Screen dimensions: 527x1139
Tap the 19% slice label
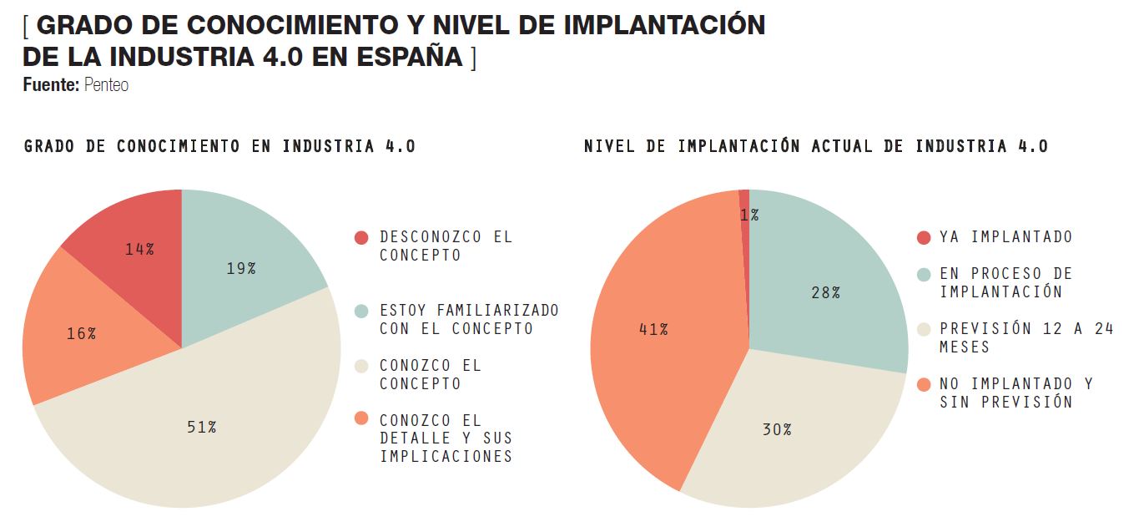coord(240,268)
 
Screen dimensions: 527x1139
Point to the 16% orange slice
coord(81,333)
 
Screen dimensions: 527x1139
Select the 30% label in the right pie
coord(776,429)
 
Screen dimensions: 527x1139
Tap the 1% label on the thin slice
coord(748,215)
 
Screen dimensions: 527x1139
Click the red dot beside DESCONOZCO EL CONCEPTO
coord(360,238)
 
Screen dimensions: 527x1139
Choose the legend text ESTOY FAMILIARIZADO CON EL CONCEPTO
coord(468,319)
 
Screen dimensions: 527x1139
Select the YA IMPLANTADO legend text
coord(1005,237)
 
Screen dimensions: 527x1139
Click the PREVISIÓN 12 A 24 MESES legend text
coord(1026,337)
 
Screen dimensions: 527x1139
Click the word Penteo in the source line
coord(106,84)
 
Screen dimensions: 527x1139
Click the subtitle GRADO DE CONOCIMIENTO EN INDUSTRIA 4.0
coord(219,146)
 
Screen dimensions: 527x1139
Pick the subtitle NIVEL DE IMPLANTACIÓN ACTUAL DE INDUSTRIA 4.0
coord(815,146)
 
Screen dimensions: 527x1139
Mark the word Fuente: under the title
coord(51,84)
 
